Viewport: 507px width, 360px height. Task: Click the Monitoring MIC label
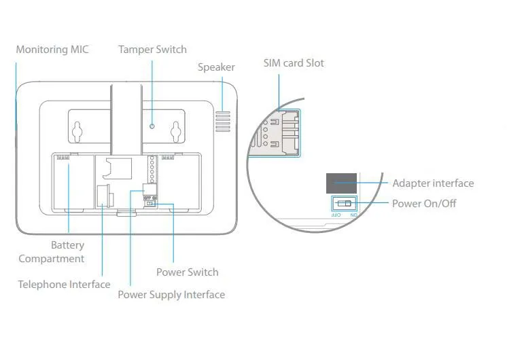pos(52,50)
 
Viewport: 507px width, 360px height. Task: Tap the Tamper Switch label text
pos(152,50)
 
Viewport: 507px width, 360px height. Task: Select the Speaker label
pos(216,67)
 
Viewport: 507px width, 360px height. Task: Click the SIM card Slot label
pos(294,63)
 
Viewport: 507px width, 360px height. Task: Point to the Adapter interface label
pos(433,183)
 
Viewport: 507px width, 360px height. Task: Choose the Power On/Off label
pos(424,203)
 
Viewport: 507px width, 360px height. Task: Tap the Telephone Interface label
pos(64,285)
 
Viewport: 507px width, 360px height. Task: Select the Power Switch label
pos(188,272)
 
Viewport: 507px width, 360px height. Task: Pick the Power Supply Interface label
pos(171,295)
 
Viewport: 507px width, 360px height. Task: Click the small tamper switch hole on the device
pos(152,126)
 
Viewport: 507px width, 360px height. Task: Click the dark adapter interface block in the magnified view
pos(341,183)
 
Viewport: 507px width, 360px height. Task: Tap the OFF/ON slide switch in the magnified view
pos(345,203)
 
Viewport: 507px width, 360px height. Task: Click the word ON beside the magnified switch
pos(353,214)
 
